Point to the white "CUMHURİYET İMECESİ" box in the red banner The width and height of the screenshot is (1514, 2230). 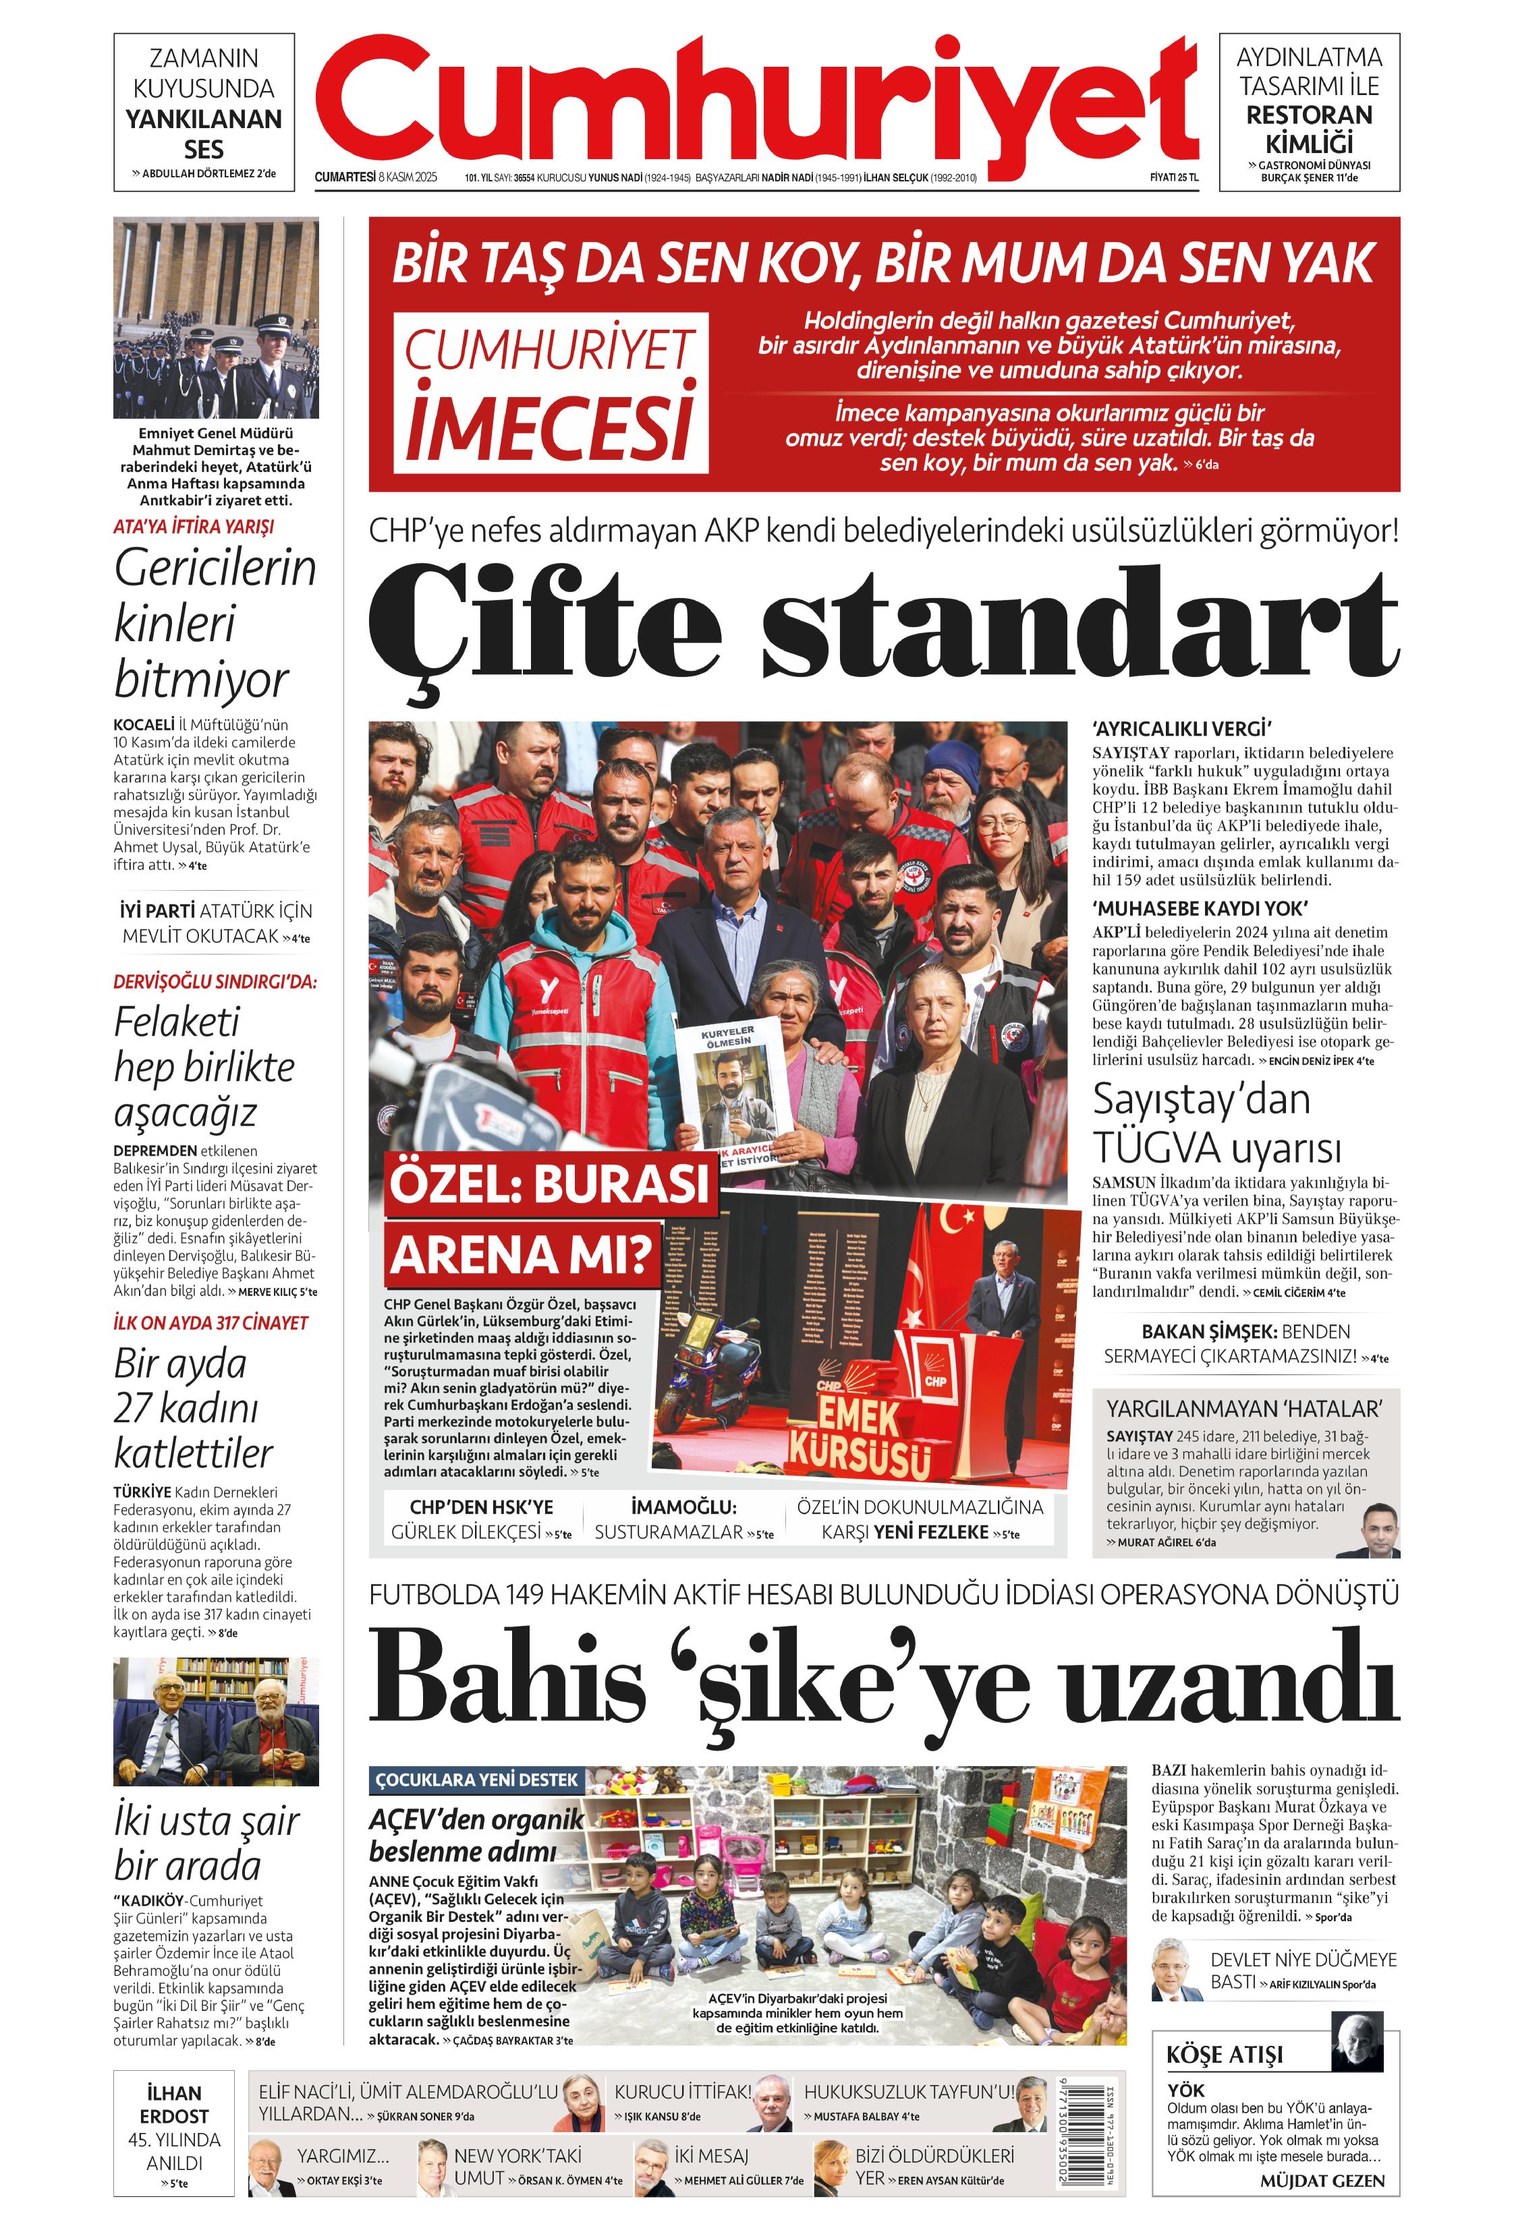click(550, 392)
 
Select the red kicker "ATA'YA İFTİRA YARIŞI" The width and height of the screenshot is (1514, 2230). click(194, 527)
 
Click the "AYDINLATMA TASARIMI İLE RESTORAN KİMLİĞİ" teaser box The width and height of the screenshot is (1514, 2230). click(1308, 112)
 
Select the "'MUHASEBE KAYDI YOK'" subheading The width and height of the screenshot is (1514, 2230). click(1199, 908)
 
